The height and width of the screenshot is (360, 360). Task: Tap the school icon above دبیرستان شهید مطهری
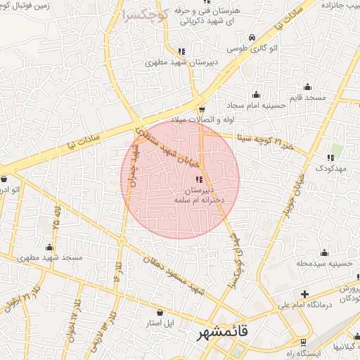coord(181,51)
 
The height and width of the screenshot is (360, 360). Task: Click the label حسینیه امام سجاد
coord(256,105)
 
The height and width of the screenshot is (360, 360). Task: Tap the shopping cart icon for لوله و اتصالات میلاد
coord(202,110)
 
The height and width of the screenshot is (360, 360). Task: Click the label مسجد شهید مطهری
coord(49,257)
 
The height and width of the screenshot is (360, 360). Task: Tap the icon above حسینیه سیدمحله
coord(324,252)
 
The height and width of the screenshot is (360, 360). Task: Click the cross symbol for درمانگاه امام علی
coord(304,294)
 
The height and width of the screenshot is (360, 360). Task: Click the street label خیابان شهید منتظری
coord(167,146)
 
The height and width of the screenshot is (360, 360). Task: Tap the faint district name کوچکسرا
coord(145,15)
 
